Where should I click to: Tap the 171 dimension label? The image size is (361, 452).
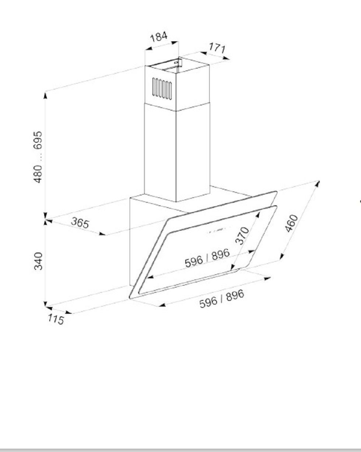click(217, 48)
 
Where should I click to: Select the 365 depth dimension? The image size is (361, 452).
click(80, 223)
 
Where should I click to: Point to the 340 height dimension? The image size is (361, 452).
click(38, 261)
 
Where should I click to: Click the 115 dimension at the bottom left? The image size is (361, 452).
click(55, 319)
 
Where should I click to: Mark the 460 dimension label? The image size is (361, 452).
click(291, 223)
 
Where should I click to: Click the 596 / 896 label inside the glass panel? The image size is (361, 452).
click(207, 257)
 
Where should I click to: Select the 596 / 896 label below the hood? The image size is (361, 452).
click(222, 299)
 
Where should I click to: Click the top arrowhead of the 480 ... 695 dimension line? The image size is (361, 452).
click(45, 94)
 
